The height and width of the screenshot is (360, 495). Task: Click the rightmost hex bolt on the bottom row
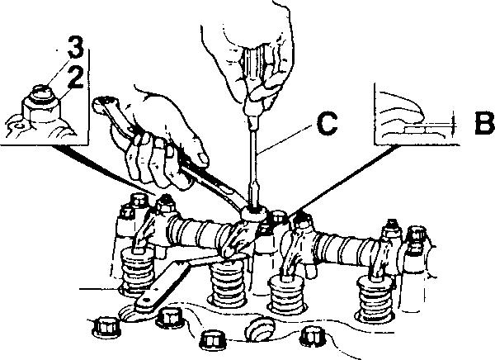point(312,335)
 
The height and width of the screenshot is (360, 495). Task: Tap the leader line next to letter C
point(289,138)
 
